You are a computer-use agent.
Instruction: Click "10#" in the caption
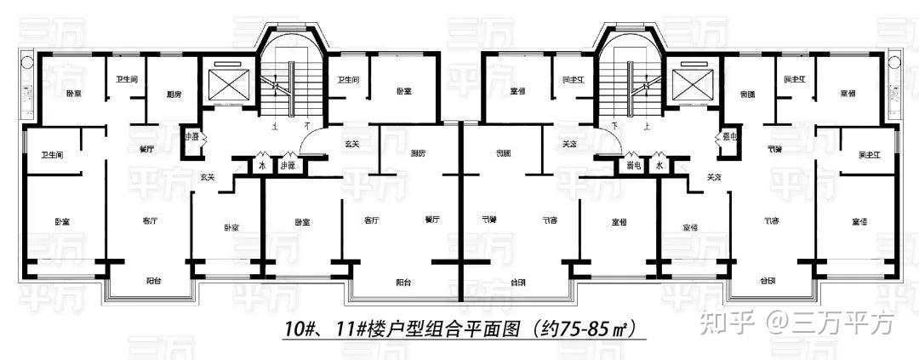pos(299,327)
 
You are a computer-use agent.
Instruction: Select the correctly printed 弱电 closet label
pos(288,166)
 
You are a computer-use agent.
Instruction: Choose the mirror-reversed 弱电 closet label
pos(631,166)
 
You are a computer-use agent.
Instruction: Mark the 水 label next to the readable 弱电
pos(260,166)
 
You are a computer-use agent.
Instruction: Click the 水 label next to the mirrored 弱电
pos(659,166)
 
